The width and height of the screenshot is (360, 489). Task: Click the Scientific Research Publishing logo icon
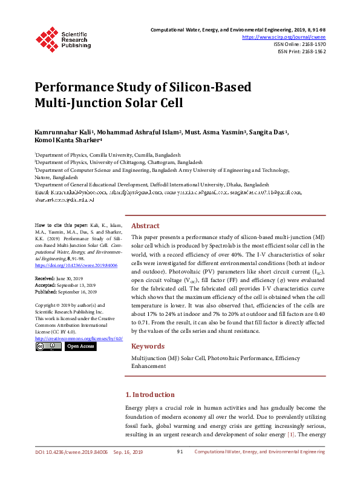48,38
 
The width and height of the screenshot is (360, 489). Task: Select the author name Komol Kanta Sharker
61,141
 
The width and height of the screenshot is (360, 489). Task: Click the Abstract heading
145,225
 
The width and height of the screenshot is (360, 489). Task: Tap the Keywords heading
148,346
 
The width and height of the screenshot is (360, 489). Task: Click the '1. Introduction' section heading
149,395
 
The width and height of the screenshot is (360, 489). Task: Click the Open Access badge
80,346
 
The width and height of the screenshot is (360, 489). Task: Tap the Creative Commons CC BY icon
48,346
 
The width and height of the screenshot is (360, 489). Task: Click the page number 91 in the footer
180,452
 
